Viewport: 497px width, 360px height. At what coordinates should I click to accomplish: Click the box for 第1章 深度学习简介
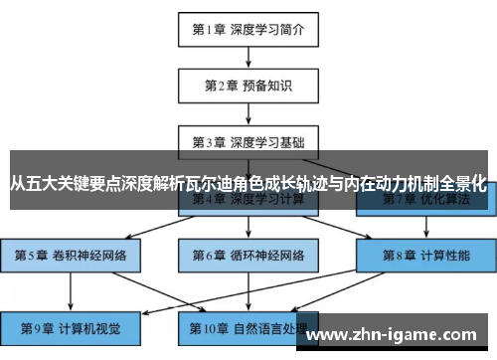point(248,29)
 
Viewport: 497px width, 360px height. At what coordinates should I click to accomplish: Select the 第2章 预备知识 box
point(248,86)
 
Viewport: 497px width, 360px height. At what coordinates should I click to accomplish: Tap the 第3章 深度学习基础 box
point(248,141)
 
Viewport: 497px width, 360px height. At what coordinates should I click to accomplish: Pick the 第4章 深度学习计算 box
point(248,198)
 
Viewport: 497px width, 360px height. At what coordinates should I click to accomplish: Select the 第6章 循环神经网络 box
point(248,255)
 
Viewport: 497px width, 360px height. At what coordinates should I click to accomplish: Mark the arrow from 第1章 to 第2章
point(248,57)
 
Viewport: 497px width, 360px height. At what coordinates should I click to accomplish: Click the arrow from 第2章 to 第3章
point(248,113)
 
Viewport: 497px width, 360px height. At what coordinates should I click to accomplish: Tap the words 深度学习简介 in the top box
point(268,29)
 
